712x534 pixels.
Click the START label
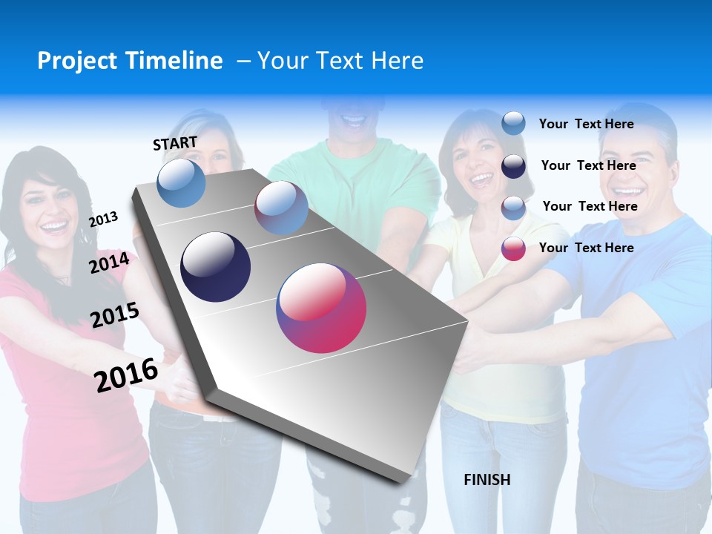pyautogui.click(x=175, y=143)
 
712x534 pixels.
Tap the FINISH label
pyautogui.click(x=487, y=480)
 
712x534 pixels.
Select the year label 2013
pyautogui.click(x=104, y=219)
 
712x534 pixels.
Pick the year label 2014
pyautogui.click(x=109, y=263)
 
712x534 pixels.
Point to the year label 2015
pyautogui.click(x=115, y=315)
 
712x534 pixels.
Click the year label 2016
pyautogui.click(x=126, y=375)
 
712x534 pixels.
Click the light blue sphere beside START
pyautogui.click(x=181, y=182)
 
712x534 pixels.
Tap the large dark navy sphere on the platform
pyautogui.click(x=215, y=267)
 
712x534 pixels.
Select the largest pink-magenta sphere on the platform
pyautogui.click(x=321, y=308)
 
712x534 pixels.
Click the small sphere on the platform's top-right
pyautogui.click(x=281, y=208)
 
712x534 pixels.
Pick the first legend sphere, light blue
pyautogui.click(x=513, y=123)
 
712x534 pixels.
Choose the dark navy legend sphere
pyautogui.click(x=513, y=166)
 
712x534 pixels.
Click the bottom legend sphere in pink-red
pyautogui.click(x=513, y=248)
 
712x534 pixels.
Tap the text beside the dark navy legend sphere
pyautogui.click(x=588, y=165)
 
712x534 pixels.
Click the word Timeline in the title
pyautogui.click(x=176, y=61)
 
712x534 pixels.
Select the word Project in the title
pyautogui.click(x=77, y=61)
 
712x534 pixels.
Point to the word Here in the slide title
pyautogui.click(x=397, y=61)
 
